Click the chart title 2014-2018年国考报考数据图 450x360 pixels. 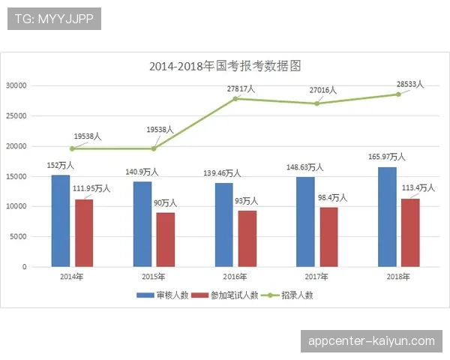225,66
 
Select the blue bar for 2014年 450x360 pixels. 61,220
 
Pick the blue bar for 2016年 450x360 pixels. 224,224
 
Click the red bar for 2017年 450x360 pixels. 328,236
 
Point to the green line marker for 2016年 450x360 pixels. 236,98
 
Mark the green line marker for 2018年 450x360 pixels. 399,94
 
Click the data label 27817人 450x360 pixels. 241,88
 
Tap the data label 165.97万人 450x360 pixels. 387,157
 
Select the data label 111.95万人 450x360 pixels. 91,188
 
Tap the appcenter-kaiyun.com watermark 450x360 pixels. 371,341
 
